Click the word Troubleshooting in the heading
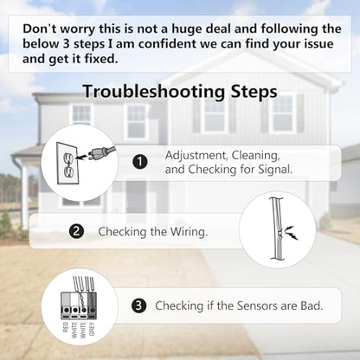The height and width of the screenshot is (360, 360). pos(154,92)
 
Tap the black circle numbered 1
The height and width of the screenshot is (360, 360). pos(140,162)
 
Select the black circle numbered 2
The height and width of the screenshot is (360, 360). pos(76,231)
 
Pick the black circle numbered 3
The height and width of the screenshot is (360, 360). pos(139,305)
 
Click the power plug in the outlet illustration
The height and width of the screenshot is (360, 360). pos(101,152)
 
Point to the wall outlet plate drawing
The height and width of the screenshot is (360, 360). pos(67,163)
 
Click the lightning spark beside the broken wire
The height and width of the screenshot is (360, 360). pos(291,233)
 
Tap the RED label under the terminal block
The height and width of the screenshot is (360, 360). pos(66,327)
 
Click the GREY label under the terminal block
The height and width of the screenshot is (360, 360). pos(92,329)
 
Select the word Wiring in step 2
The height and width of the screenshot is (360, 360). pos(189,232)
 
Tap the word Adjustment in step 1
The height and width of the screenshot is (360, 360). pos(197,156)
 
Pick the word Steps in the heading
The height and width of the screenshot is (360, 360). pos(254,92)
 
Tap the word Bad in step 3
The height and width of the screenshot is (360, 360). pos(312,305)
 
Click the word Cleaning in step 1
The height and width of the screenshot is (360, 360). pos(256,156)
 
